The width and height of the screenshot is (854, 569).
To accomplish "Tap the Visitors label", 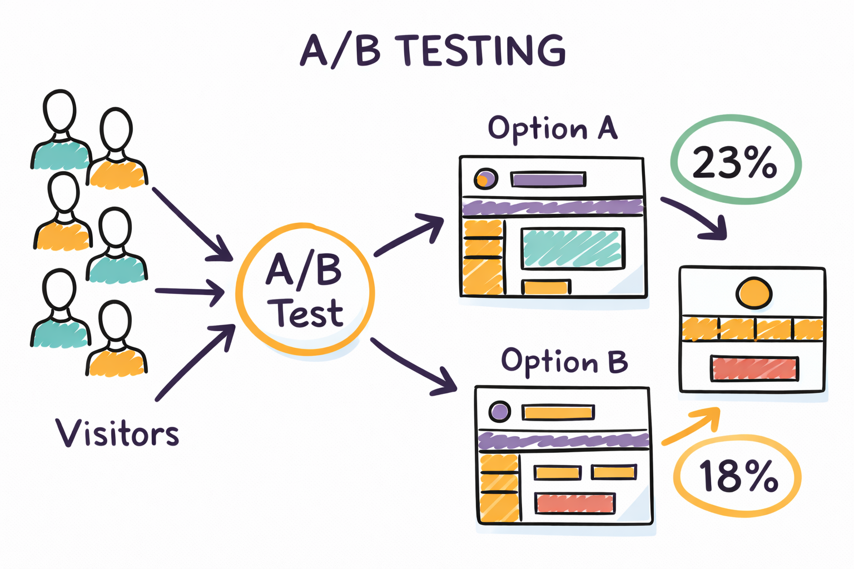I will tap(117, 433).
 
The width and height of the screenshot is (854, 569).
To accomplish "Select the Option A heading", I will tap(553, 129).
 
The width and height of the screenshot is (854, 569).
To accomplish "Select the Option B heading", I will tap(564, 362).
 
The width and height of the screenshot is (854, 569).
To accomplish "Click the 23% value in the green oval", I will tap(734, 162).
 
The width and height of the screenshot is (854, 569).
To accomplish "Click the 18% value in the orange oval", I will tap(738, 476).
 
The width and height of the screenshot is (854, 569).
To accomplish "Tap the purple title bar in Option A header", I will tap(548, 179).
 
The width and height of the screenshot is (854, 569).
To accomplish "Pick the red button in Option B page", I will tap(575, 503).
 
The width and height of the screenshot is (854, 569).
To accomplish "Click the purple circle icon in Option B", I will tap(499, 412).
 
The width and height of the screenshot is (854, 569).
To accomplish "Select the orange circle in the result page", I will tap(754, 293).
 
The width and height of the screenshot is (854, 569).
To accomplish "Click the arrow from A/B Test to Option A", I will tap(409, 235).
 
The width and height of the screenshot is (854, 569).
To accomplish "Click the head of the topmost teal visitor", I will tap(59, 110).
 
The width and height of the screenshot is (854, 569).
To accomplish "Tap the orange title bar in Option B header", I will tap(558, 412).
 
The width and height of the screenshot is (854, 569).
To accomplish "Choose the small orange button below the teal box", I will tap(546, 287).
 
